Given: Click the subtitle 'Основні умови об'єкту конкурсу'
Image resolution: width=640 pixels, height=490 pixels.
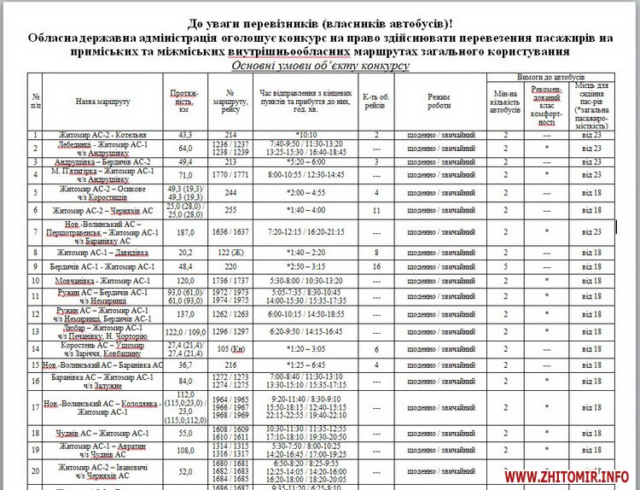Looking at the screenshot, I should point(320,66).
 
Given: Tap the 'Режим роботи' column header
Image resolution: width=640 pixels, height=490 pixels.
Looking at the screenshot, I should point(439,101).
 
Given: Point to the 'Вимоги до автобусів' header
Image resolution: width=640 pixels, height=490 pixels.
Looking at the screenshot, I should point(545,77).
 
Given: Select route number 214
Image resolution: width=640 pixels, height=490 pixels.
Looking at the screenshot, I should point(230,135).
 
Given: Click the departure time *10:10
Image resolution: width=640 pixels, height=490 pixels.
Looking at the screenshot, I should point(305,135).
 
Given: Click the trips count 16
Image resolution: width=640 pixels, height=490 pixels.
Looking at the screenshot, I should point(376,266).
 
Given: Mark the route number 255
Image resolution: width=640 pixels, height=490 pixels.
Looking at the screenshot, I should point(230,210).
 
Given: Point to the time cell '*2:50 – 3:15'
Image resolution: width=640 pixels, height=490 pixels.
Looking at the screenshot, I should point(306,266).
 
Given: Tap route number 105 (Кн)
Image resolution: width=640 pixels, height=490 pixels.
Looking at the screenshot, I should point(230,348).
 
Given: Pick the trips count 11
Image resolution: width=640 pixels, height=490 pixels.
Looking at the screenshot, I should point(376,210).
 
